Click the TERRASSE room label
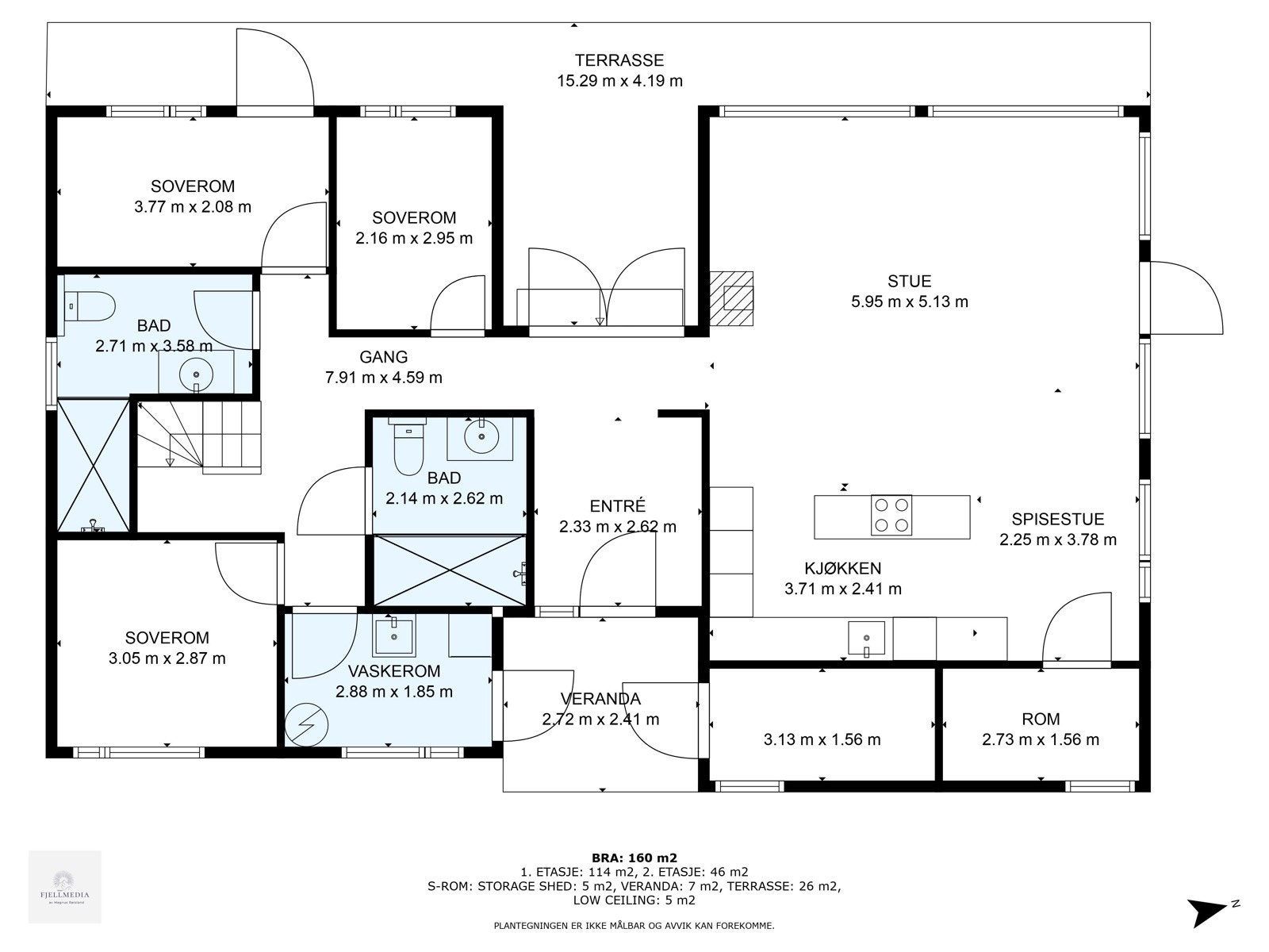point(619,60)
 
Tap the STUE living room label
point(910,281)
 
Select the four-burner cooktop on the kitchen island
point(891,514)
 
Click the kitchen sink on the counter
point(866,639)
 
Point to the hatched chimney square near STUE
point(731,298)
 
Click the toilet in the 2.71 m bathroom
point(90,306)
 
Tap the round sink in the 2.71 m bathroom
point(197,374)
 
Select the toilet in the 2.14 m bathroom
point(408,446)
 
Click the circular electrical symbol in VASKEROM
point(307,725)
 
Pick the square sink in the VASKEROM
point(394,635)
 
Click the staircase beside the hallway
point(199,438)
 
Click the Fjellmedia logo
point(65,887)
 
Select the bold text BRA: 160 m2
point(634,858)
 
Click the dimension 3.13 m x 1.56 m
point(822,739)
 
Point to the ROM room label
point(1041,719)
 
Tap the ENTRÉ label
point(617,506)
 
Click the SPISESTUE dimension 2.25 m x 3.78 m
point(1058,539)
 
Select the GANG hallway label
point(383,357)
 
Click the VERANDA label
point(600,699)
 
